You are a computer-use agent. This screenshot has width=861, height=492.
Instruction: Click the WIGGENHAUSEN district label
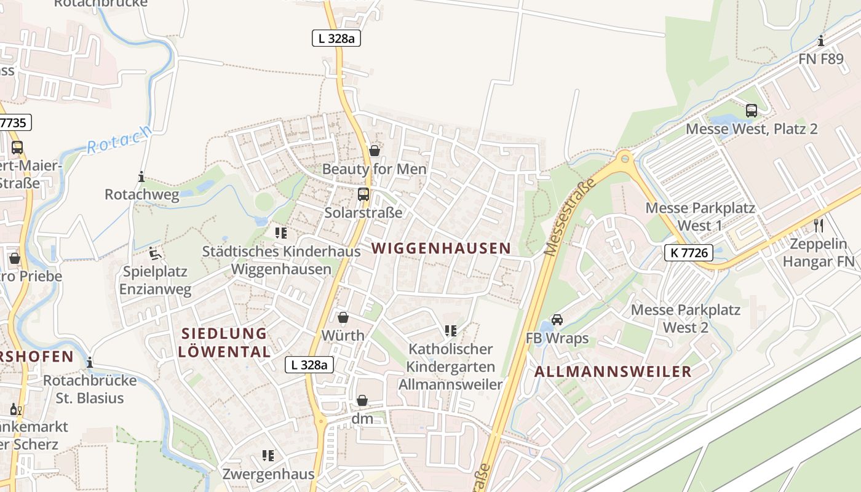coord(441,248)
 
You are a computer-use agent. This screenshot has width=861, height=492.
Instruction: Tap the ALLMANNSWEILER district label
coord(613,371)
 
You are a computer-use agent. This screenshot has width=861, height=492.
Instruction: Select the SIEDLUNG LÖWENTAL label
coord(224,343)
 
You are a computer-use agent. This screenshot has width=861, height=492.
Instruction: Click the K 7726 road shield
coord(688,252)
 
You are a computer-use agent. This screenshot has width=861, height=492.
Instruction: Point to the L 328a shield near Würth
coord(310,365)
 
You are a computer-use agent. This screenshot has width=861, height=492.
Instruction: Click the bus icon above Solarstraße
coord(363,194)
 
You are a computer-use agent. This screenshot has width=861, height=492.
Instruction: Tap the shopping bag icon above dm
coord(362,400)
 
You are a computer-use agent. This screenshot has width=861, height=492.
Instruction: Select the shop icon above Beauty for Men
coord(375,151)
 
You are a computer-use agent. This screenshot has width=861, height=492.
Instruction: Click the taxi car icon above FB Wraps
coord(557,320)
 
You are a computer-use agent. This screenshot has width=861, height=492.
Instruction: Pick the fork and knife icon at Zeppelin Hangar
coord(818,225)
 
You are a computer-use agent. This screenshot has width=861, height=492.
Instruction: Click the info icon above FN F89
coord(821,41)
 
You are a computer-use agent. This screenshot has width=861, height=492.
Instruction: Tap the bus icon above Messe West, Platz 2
coord(752,111)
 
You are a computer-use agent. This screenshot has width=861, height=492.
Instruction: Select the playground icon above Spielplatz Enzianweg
coord(155,253)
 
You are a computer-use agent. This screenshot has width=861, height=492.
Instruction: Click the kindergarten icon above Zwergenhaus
coord(268,456)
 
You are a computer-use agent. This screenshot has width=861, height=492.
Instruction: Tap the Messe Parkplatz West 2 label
coord(686,318)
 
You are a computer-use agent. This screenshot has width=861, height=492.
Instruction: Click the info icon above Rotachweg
coord(141,177)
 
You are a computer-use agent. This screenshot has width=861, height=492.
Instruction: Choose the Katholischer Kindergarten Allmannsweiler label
coord(451,367)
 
